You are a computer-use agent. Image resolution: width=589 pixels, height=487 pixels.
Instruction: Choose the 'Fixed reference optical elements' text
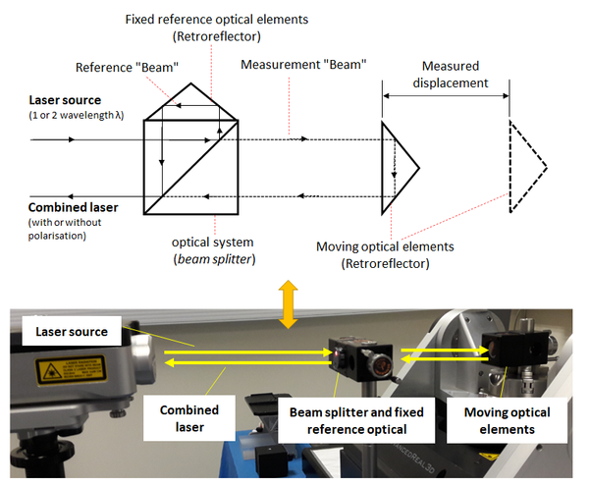tap(218, 19)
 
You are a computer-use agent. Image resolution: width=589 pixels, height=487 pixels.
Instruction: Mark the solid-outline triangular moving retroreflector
tap(398, 168)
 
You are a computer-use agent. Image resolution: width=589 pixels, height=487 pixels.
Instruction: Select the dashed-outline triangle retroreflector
tap(526, 168)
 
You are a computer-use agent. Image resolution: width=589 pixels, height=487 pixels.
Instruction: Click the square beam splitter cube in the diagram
tap(192, 167)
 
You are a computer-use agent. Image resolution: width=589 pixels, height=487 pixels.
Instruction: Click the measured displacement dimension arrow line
tap(446, 94)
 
